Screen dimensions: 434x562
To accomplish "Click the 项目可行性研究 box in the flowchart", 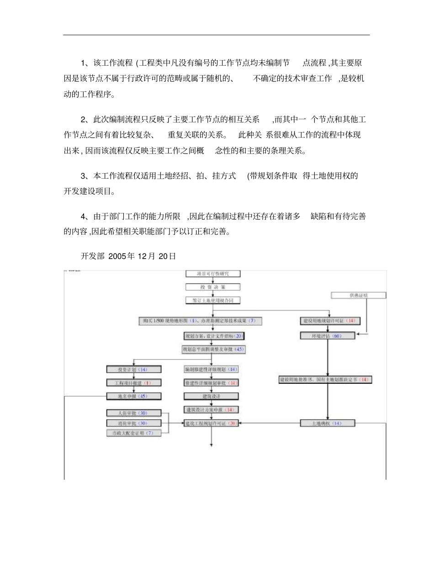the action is (212, 274).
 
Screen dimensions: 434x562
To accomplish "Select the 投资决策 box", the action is (212, 287).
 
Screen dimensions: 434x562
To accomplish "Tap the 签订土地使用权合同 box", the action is (212, 300).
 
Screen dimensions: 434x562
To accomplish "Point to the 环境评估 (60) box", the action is (328, 336).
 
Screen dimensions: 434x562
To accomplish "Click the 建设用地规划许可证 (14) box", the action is (329, 321).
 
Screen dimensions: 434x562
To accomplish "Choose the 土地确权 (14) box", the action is (328, 424).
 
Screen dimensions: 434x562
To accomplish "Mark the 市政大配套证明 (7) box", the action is (133, 433).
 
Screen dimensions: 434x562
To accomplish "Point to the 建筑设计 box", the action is (211, 396).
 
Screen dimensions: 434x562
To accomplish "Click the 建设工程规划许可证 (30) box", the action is (211, 424).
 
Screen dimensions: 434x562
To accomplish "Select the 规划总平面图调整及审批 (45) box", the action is (213, 350).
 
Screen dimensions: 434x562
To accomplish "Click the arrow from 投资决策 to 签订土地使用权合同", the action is (212, 294).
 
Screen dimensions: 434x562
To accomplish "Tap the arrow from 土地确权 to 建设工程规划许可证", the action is (270, 424).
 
